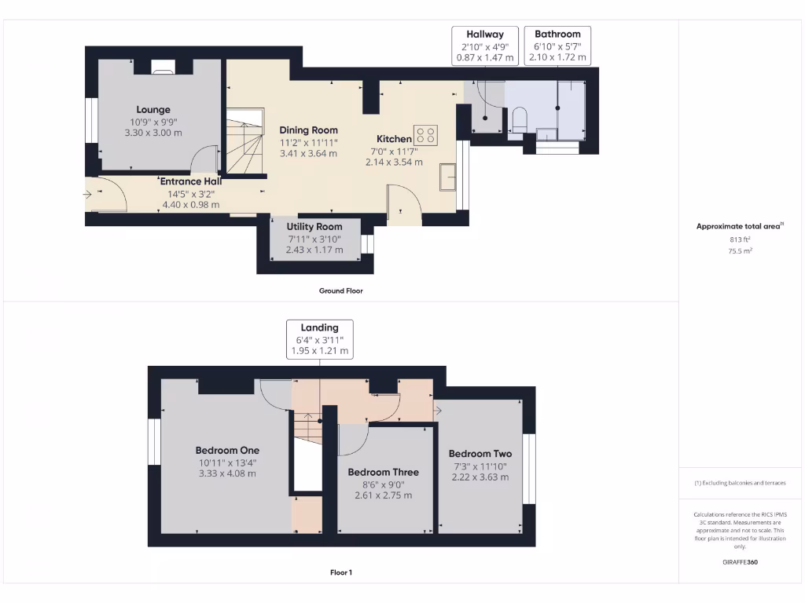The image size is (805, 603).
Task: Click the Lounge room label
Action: point(153,110)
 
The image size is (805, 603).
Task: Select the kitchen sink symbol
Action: point(448,176)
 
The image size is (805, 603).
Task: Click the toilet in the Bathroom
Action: point(519,120)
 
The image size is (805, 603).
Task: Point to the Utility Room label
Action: point(314,226)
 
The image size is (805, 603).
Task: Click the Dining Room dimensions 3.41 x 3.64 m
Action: point(309,153)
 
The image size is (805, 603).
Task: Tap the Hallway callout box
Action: point(485,46)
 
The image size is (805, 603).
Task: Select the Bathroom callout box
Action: point(557,46)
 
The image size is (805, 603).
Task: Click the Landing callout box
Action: point(319,339)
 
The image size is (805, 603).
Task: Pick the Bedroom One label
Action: point(227,450)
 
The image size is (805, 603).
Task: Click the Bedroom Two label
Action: point(480,454)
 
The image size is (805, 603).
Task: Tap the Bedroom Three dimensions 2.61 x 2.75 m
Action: point(383,495)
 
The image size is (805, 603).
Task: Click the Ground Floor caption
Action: point(340,291)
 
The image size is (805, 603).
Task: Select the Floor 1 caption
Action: point(340,572)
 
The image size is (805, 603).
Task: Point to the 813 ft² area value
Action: point(740,239)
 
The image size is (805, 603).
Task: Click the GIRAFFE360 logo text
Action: point(740,562)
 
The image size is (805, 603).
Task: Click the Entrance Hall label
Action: point(190,181)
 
